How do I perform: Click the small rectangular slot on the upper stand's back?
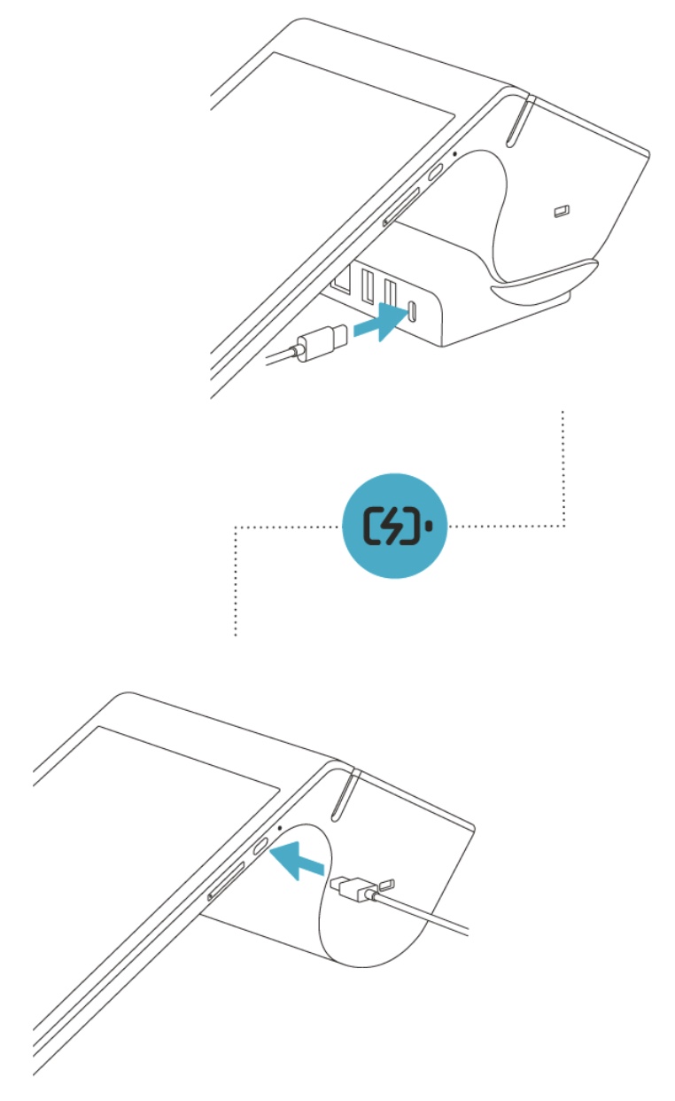pyautogui.click(x=561, y=211)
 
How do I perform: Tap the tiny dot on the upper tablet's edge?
pyautogui.click(x=454, y=152)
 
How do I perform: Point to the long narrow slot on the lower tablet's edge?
pyautogui.click(x=227, y=881)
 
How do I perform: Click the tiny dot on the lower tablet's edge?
pyautogui.click(x=280, y=825)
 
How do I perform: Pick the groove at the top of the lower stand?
pyautogui.click(x=343, y=794)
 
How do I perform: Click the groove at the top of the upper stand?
pyautogui.click(x=516, y=120)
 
